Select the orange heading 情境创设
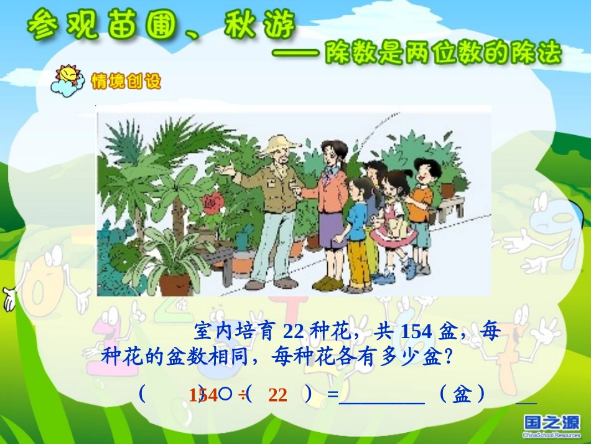pos(126,82)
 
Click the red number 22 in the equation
pos(278,395)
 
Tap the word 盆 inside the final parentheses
pos(461,394)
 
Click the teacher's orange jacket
pos(332,190)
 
